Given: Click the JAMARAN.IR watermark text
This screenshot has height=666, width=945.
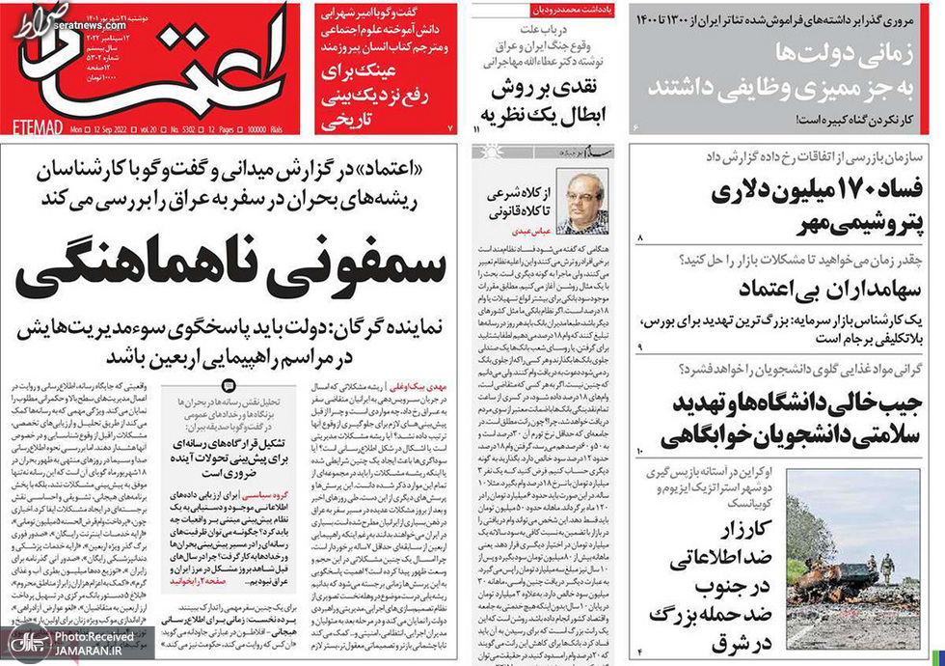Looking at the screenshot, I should click(87, 652).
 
